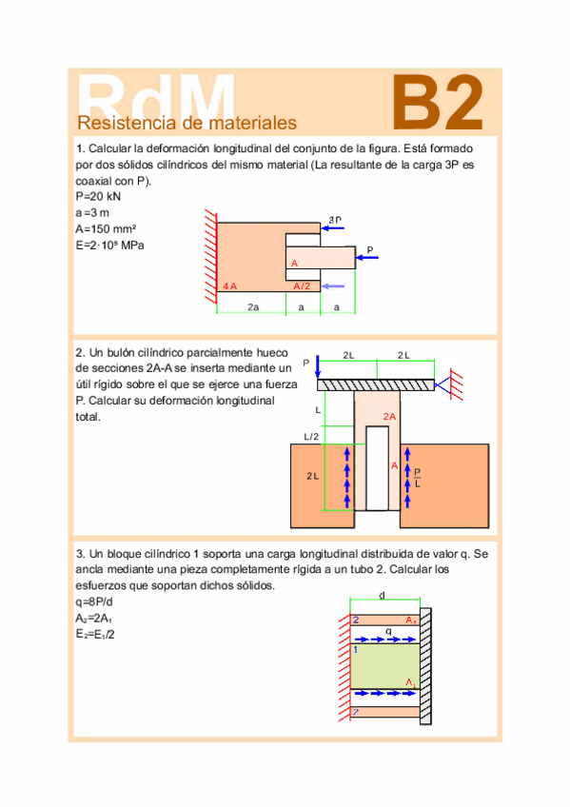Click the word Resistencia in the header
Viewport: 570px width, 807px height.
[x=120, y=123]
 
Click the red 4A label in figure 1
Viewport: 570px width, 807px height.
[x=228, y=285]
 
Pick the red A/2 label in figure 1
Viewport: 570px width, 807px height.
[x=302, y=285]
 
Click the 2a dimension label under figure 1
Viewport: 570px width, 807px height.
[x=253, y=307]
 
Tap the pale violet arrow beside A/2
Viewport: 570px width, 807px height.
[x=332, y=285]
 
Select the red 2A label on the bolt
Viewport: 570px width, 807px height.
[x=389, y=417]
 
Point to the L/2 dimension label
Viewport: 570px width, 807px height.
[x=311, y=437]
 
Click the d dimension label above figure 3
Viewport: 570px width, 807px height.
[x=382, y=596]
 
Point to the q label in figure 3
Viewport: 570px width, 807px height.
[x=388, y=631]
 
